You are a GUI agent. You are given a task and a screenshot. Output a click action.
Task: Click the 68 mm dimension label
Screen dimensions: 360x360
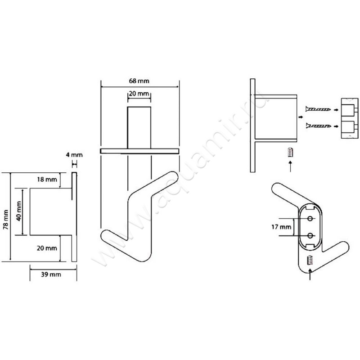coord(139,81)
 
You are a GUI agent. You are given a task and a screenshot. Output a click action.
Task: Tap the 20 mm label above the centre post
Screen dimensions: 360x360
coord(139,94)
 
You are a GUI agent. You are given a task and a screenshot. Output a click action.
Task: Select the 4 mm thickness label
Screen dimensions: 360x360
coord(74,155)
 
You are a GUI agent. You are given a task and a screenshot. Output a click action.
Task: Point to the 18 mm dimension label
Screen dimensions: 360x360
coord(47,179)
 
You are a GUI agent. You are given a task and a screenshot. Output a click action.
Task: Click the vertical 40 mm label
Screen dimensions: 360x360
coord(19,211)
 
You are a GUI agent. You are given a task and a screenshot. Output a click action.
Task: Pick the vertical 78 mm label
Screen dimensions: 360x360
coord(6,220)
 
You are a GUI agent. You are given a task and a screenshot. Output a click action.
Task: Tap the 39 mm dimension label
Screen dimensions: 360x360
coord(51,274)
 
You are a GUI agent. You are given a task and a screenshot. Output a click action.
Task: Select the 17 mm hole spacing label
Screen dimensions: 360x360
coord(281,227)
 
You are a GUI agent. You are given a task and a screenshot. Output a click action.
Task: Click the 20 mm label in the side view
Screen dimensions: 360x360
coord(47,248)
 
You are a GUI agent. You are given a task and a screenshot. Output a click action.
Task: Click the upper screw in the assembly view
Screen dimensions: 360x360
coord(318,109)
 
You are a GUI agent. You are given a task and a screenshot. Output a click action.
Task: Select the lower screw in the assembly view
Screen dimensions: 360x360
coord(318,126)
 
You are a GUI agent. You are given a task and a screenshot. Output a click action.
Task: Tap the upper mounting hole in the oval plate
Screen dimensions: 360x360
coord(310,219)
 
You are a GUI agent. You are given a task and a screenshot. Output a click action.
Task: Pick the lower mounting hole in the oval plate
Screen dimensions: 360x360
coord(310,235)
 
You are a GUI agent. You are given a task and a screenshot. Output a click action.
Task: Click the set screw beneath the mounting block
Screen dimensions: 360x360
coord(291,152)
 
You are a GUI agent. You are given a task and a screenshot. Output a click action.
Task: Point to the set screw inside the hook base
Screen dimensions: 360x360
coord(310,260)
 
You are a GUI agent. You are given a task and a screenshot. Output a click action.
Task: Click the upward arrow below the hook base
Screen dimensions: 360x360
coord(310,274)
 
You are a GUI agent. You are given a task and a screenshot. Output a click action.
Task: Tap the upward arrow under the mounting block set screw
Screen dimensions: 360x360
coord(291,166)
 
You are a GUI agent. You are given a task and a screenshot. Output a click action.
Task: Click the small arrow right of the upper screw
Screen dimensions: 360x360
coord(336,110)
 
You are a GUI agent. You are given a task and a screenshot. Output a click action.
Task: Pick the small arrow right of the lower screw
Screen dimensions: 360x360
coord(336,126)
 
